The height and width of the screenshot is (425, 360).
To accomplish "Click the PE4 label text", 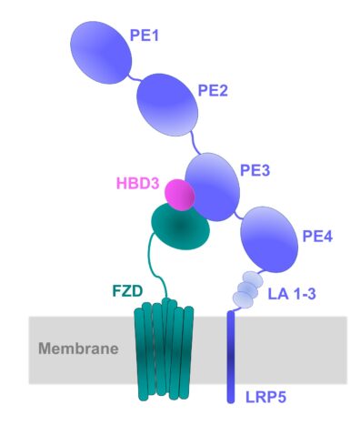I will click(x=318, y=235).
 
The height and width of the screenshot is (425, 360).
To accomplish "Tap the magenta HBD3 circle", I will click(x=179, y=194).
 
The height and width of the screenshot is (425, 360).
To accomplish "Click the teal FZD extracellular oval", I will click(x=179, y=228).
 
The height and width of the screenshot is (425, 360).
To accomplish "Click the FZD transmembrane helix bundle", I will click(x=165, y=350).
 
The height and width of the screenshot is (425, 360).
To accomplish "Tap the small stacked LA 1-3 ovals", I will click(x=246, y=289).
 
